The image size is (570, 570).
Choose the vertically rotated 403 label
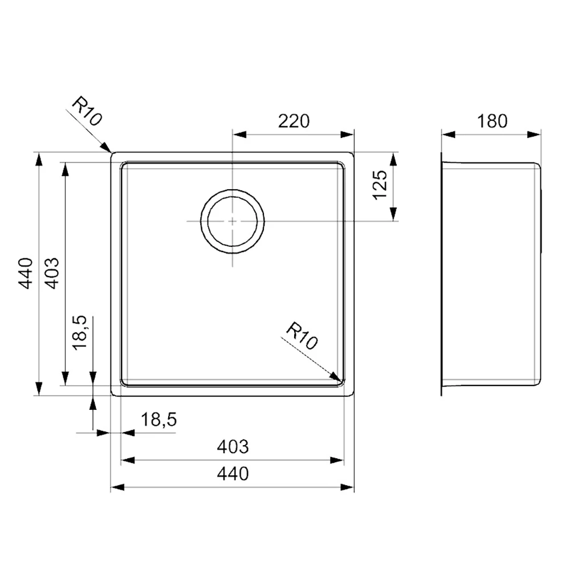[52, 274]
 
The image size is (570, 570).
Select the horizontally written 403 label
[233, 447]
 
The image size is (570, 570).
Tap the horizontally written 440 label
[233, 473]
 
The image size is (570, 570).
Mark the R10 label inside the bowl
[302, 336]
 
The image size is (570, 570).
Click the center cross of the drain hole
[233, 221]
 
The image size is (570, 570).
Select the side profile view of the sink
[491, 274]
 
